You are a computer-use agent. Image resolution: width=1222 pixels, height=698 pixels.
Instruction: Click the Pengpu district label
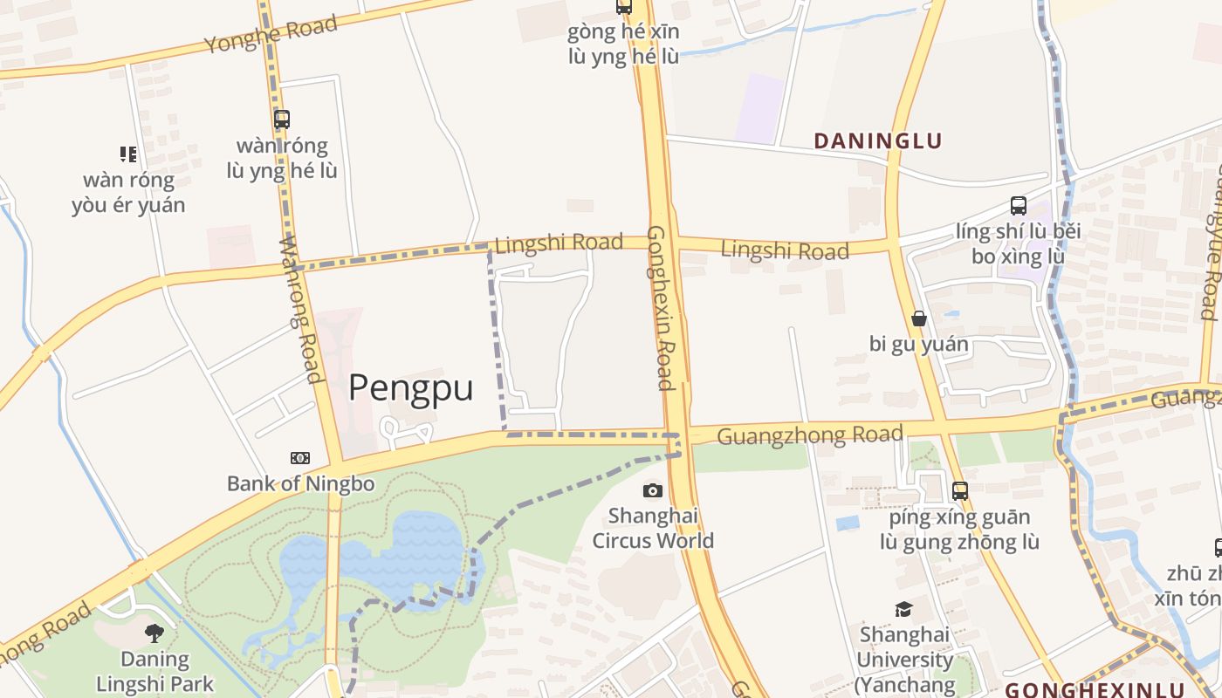[x=411, y=387]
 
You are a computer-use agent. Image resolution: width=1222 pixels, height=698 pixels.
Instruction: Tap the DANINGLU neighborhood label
[x=878, y=140]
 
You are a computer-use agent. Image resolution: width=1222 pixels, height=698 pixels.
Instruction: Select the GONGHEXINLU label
[x=1095, y=689]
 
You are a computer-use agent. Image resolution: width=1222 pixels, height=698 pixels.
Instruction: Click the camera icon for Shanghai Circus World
[x=653, y=490]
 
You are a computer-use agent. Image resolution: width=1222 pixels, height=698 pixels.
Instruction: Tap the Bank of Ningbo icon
[x=300, y=458]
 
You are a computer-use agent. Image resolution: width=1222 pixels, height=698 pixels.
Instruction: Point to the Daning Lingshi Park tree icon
[x=154, y=633]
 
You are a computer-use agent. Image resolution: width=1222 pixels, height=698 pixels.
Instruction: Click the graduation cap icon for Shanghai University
[x=903, y=609]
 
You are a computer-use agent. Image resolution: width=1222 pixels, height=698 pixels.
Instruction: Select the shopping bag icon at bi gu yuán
[x=918, y=318]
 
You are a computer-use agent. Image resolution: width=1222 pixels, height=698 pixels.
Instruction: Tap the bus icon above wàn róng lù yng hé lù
[x=281, y=120]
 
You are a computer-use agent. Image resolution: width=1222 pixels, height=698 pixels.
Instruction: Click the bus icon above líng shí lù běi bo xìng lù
[x=1018, y=206]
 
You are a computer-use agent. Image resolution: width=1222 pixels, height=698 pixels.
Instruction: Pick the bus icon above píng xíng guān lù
[x=960, y=491]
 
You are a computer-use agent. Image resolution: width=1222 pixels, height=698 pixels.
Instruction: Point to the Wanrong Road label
[x=301, y=310]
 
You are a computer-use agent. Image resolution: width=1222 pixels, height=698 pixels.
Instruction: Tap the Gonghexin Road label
[x=660, y=308]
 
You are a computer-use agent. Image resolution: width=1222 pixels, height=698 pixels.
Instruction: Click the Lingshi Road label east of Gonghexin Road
[x=785, y=250]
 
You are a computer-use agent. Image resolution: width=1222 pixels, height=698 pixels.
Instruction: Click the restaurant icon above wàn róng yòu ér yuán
[x=129, y=154]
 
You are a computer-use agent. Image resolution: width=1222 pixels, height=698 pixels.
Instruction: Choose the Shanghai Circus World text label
[x=653, y=528]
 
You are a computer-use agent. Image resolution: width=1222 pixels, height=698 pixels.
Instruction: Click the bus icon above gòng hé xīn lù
[x=623, y=7]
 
